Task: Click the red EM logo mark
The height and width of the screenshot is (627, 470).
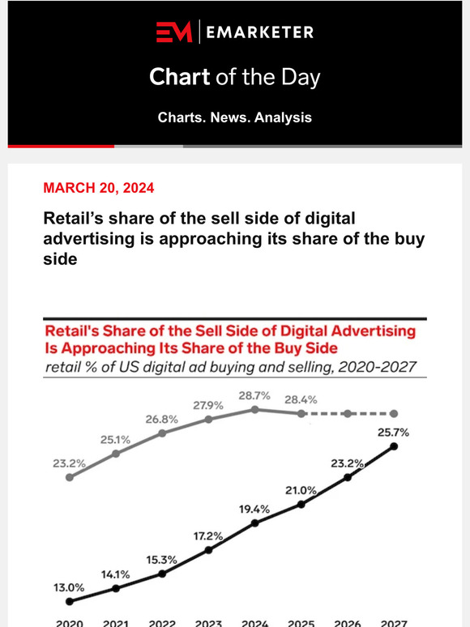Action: point(174,32)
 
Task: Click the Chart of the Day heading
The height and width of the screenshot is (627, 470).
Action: point(234,78)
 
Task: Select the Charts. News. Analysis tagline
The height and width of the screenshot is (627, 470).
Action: point(234,117)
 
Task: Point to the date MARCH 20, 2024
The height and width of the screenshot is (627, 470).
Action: point(98,188)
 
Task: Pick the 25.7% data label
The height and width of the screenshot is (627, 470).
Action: point(392,433)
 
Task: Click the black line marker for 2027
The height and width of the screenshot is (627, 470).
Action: point(394,446)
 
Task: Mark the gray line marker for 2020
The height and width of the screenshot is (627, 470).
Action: point(70,477)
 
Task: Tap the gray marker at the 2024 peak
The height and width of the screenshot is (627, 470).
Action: point(255,409)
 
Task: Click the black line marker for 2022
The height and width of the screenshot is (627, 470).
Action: point(162,573)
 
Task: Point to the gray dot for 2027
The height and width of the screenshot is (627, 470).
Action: point(394,413)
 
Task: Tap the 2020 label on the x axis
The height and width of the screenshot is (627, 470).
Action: point(70,622)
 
